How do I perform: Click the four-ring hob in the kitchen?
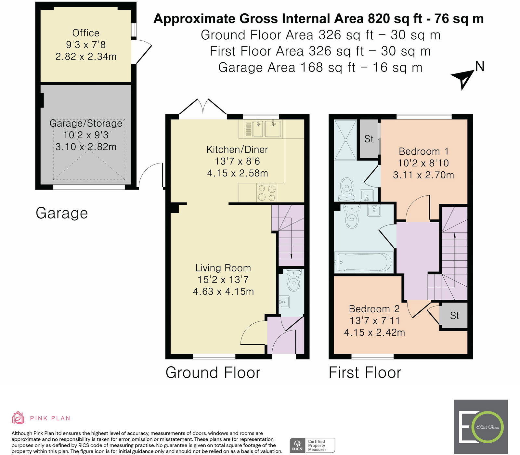[267, 193]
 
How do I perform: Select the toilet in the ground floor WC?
[294, 280]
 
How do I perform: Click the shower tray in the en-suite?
[345, 140]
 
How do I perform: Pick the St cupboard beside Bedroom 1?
[369, 139]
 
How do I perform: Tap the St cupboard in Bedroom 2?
[454, 315]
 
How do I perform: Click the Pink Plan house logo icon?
[18, 418]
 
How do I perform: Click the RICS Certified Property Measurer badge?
[312, 445]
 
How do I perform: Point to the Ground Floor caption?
[213, 372]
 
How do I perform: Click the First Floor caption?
[365, 372]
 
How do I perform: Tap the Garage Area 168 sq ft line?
[320, 68]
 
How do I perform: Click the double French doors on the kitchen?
[203, 107]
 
